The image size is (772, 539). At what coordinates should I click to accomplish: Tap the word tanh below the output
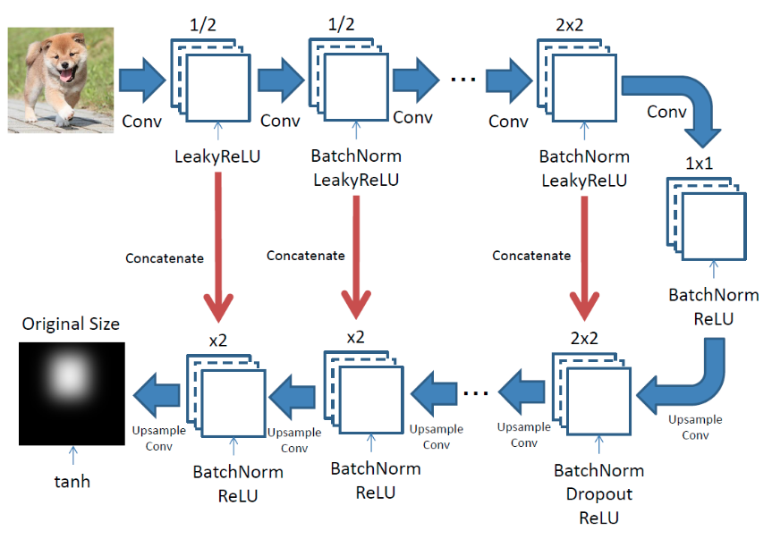click(71, 482)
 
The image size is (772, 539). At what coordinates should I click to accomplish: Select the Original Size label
click(71, 323)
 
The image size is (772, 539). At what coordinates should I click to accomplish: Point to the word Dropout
click(598, 494)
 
